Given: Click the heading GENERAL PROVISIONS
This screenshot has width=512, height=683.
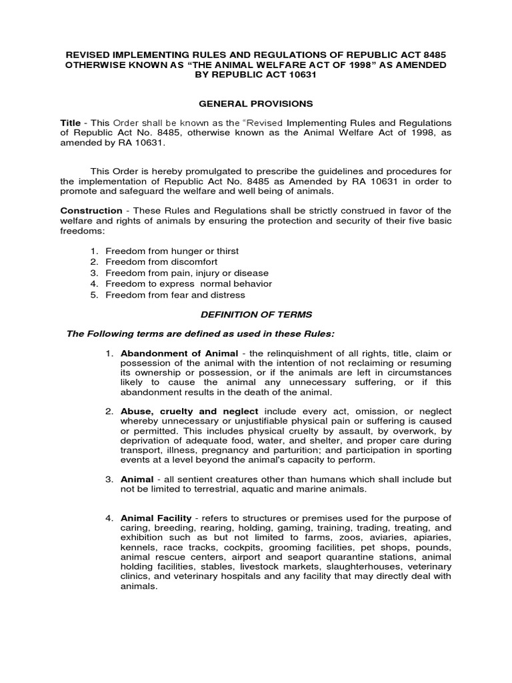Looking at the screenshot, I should coord(256,103).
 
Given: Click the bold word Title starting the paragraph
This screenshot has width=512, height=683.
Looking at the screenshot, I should coord(70,123).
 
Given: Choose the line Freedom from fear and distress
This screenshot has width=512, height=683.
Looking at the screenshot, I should coord(175,294).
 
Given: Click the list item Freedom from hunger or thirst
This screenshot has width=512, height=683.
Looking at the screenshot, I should coord(172,251).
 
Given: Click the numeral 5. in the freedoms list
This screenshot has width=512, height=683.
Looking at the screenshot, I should coord(94,294).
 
